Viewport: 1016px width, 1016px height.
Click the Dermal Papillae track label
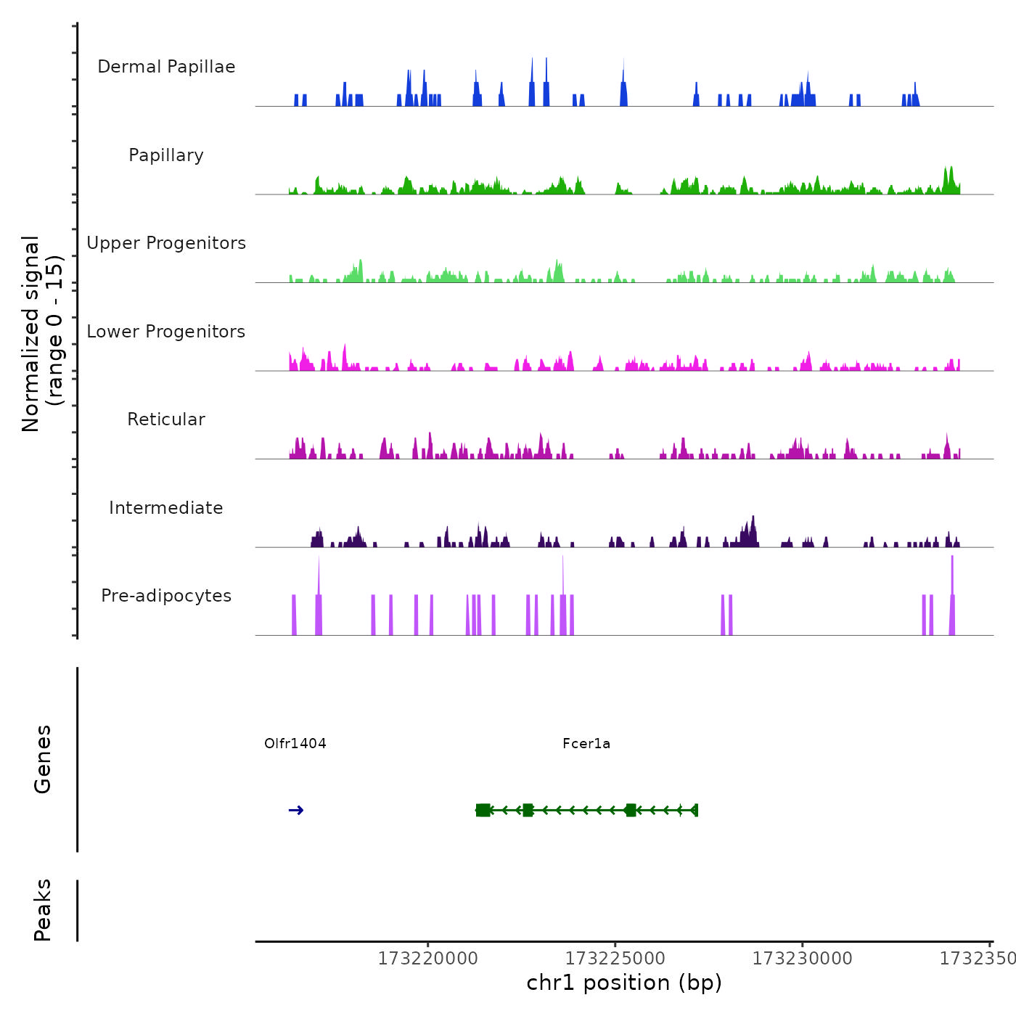[166, 67]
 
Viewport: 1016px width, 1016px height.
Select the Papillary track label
[166, 155]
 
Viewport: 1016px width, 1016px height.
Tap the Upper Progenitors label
[166, 243]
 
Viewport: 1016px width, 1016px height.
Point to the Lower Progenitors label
[166, 332]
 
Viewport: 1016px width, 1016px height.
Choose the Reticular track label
[166, 419]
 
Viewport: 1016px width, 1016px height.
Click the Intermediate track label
[166, 508]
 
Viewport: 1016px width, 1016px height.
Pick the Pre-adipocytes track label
[166, 596]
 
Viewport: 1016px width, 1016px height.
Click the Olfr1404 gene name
[295, 743]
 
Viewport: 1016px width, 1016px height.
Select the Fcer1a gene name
[586, 743]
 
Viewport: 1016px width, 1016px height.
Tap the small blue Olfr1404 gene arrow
[296, 811]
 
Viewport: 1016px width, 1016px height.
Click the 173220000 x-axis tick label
[428, 959]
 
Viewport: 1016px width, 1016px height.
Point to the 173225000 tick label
[615, 959]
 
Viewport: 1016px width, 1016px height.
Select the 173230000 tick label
[803, 959]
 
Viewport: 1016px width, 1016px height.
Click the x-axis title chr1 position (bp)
[624, 983]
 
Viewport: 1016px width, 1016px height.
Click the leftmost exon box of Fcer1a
[483, 811]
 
